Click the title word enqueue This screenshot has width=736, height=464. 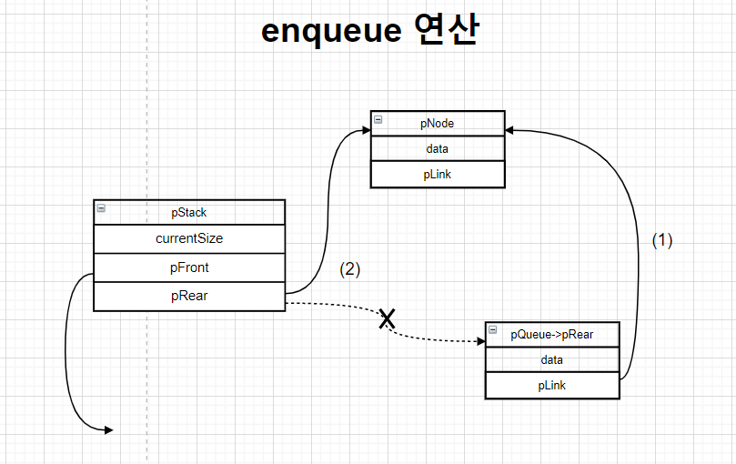[x=330, y=31]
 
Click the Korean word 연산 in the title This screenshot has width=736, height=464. [x=445, y=31]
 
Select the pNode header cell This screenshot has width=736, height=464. [x=438, y=123]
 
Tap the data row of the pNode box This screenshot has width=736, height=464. [x=438, y=148]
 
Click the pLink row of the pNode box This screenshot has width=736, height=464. [x=438, y=175]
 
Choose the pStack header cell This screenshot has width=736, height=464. [x=189, y=212]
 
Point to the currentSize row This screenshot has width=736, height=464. [x=189, y=238]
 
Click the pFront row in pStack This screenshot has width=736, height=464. [x=189, y=268]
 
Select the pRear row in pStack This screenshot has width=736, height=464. [x=189, y=296]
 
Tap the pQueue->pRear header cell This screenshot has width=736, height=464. [x=552, y=334]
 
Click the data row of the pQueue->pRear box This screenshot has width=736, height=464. [x=552, y=359]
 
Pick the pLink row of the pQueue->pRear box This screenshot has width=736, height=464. [x=552, y=385]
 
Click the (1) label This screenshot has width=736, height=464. [x=662, y=240]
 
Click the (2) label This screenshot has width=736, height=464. [x=350, y=269]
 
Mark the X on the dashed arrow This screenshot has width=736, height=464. [x=388, y=318]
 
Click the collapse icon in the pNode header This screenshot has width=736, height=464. [x=378, y=120]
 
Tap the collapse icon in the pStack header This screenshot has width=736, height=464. [x=101, y=208]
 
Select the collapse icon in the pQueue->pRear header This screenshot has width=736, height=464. [x=492, y=330]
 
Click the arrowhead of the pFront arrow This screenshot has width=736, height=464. [x=108, y=429]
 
